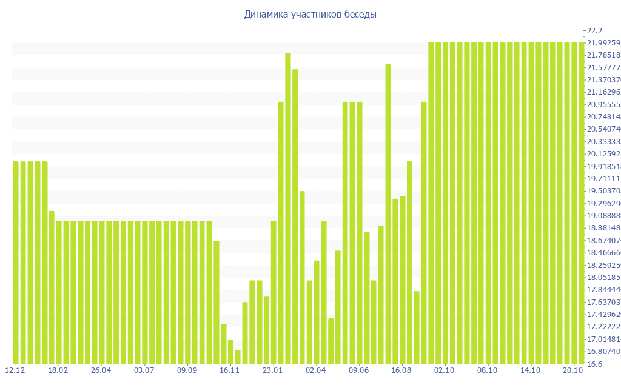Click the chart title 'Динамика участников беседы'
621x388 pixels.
click(310, 15)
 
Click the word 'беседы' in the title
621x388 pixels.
click(358, 15)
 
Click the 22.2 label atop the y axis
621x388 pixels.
click(594, 31)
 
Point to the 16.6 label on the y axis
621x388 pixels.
click(594, 364)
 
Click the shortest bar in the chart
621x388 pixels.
click(238, 357)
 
